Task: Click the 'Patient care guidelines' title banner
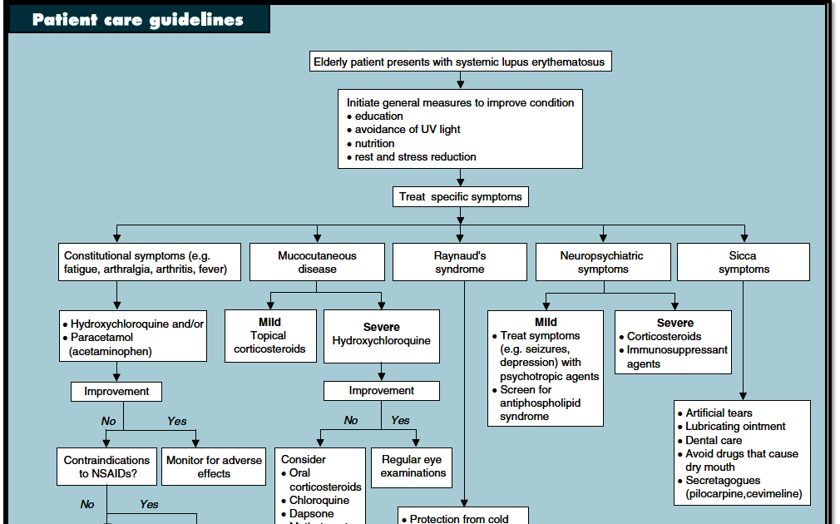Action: click(138, 18)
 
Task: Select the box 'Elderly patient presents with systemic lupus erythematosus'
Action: click(460, 62)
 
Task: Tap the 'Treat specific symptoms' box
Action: click(460, 197)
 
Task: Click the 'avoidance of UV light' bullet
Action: click(408, 130)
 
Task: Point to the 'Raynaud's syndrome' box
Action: click(460, 262)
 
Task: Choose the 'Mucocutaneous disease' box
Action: click(317, 262)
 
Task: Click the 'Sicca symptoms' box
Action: click(744, 262)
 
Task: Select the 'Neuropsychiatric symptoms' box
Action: click(603, 262)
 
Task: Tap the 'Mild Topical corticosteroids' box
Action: click(269, 336)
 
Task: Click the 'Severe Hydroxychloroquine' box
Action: click(381, 334)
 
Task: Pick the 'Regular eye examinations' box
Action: click(413, 467)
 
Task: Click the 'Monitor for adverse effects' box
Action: click(214, 467)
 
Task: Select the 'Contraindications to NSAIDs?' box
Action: click(107, 467)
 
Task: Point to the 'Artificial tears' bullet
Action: click(719, 413)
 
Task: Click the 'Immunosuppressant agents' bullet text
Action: click(676, 357)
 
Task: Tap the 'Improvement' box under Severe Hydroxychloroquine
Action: click(381, 391)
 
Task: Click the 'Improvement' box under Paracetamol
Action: click(116, 391)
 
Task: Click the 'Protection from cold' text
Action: click(458, 519)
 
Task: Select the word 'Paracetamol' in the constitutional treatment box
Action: click(101, 338)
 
